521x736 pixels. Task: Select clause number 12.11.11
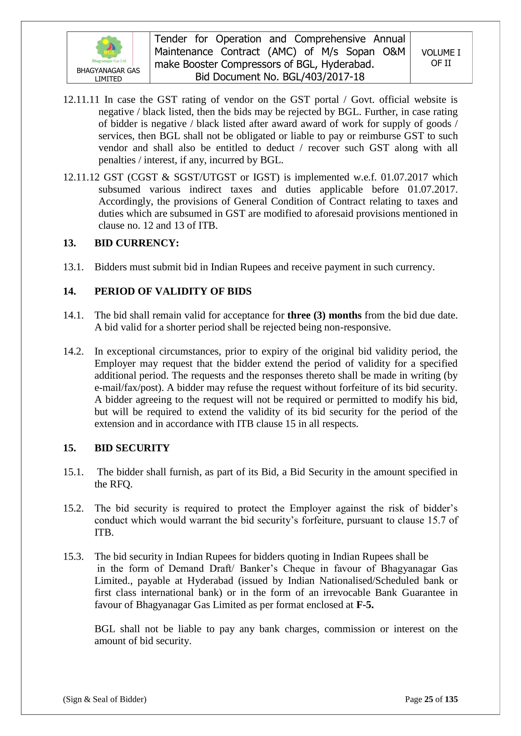81,100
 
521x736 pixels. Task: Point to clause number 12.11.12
81,177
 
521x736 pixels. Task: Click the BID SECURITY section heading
132,448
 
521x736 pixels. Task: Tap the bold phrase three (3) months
324,315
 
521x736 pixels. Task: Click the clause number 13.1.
73,267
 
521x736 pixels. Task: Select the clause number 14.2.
73,351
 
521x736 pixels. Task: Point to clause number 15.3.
73,556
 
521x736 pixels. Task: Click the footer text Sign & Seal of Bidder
105,699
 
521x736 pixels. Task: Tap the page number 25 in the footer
429,699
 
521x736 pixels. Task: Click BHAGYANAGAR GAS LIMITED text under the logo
108,75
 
